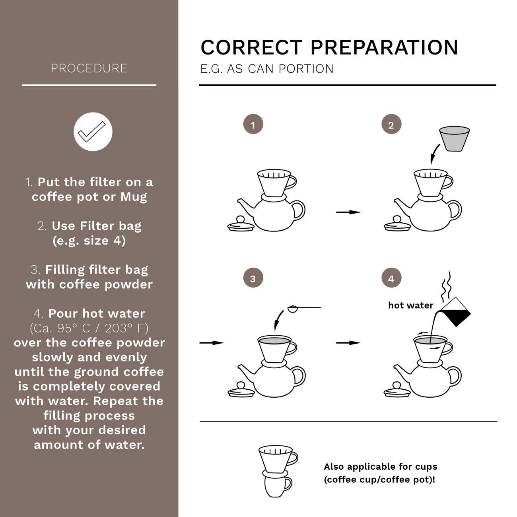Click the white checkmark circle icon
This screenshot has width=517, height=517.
click(93, 132)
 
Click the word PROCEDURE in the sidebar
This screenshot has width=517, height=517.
click(89, 68)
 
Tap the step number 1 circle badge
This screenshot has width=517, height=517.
click(253, 125)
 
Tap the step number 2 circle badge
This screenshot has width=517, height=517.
click(391, 125)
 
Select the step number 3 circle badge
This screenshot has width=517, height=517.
click(253, 278)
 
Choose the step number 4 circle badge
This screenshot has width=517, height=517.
click(391, 278)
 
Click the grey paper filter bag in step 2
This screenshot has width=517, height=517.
click(455, 138)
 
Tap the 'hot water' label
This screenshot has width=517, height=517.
click(410, 305)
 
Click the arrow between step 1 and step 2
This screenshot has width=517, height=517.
click(348, 212)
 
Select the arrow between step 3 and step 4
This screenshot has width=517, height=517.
click(348, 342)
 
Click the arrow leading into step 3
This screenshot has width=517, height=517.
click(212, 342)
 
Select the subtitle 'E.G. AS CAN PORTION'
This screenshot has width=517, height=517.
click(267, 69)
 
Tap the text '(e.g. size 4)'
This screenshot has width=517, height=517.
click(89, 241)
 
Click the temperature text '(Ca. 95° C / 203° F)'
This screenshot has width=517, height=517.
click(89, 328)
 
